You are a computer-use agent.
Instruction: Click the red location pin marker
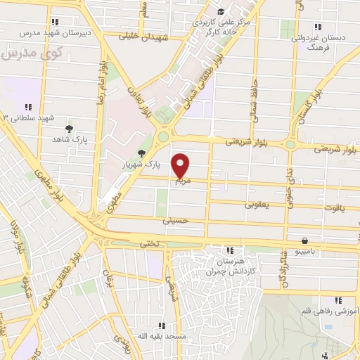(181, 165)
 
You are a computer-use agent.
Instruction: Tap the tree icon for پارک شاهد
(68, 128)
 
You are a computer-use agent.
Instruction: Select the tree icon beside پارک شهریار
(142, 153)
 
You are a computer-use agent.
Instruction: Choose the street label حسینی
(176, 220)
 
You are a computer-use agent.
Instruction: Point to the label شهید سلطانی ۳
(28, 117)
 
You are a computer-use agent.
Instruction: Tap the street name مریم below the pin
(182, 181)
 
